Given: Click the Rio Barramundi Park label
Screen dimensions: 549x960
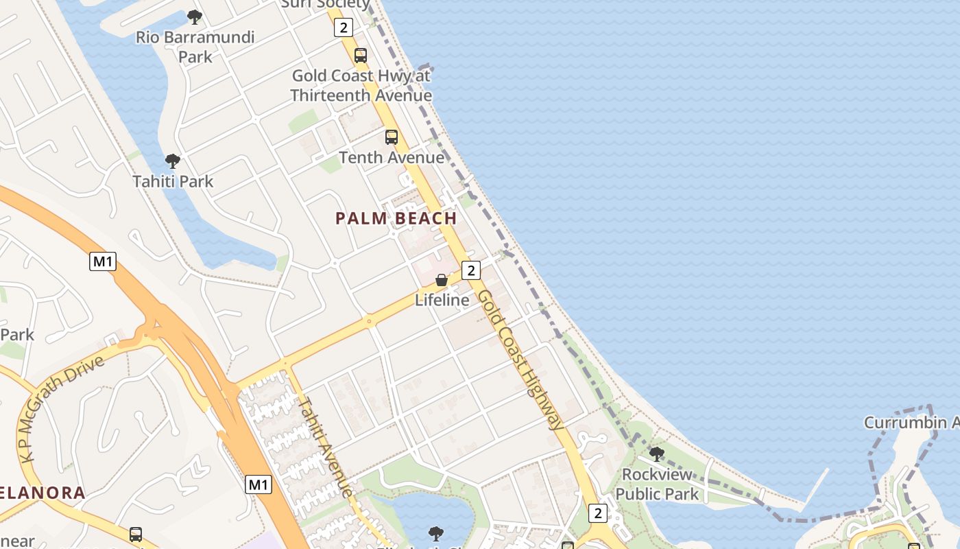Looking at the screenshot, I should pyautogui.click(x=195, y=47).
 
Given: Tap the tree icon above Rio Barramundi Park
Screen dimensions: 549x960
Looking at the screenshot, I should pyautogui.click(x=195, y=17).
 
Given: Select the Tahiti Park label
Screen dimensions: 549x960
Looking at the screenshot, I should pyautogui.click(x=173, y=182).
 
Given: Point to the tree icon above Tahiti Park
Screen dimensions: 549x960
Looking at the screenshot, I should pyautogui.click(x=173, y=162).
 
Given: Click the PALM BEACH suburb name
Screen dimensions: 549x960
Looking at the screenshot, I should pyautogui.click(x=396, y=219).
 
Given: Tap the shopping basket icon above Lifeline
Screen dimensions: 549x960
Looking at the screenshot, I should pyautogui.click(x=442, y=280).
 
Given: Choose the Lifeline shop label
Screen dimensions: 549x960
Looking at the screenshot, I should pyautogui.click(x=442, y=300).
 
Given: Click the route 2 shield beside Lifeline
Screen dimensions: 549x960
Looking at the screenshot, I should pyautogui.click(x=470, y=270).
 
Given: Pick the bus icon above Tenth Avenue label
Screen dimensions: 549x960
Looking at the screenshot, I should pyautogui.click(x=391, y=137).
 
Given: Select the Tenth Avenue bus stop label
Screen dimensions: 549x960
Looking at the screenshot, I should pyautogui.click(x=392, y=157).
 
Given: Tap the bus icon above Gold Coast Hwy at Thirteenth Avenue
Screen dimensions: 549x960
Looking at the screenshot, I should pyautogui.click(x=360, y=56).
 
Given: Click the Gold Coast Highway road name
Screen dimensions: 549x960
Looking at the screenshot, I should pyautogui.click(x=520, y=360).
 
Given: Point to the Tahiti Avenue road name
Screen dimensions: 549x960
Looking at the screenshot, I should pyautogui.click(x=326, y=446).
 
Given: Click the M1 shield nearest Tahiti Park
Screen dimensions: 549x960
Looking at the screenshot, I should pyautogui.click(x=102, y=261).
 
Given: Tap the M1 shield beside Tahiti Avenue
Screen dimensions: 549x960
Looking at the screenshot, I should pyautogui.click(x=258, y=485).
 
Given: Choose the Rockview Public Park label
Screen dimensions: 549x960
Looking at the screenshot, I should pyautogui.click(x=657, y=484).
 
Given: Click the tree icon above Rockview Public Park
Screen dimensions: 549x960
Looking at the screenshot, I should pyautogui.click(x=656, y=454).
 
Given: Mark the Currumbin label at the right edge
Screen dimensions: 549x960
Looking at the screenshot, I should pyautogui.click(x=911, y=423).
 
